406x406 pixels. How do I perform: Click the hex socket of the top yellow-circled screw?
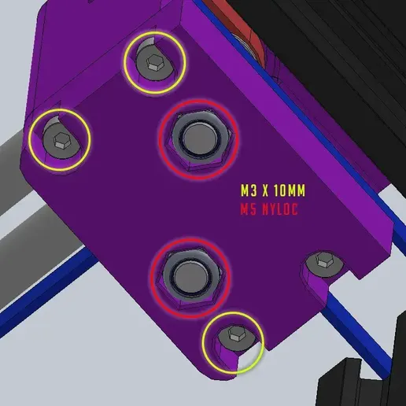click(x=153, y=63)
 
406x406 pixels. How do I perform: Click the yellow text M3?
click(x=249, y=190)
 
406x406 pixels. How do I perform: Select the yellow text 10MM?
click(x=290, y=190)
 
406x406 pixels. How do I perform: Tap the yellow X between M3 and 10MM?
click(x=265, y=190)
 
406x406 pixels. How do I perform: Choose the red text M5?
click(x=249, y=209)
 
